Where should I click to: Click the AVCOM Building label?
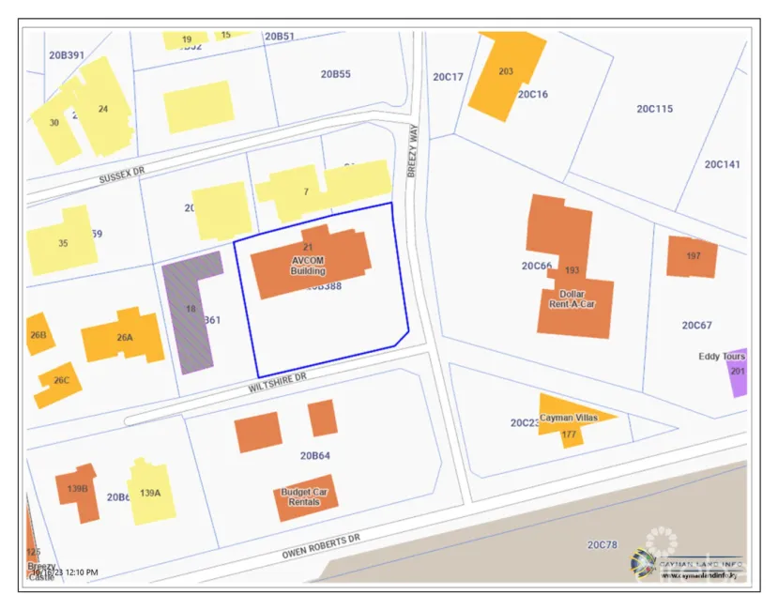coord(308,265)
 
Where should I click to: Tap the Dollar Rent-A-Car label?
coord(572,298)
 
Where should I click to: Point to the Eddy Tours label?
coord(722,357)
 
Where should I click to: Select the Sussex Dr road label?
coord(122,175)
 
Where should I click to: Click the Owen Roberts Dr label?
coord(321,547)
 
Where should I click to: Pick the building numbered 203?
coord(507,73)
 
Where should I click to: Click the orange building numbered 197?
coord(692,256)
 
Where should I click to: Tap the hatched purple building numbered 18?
coord(191,310)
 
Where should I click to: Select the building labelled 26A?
coord(124,336)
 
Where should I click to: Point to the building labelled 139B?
coord(77,490)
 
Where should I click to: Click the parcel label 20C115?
coord(654,109)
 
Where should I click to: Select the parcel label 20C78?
coord(602,544)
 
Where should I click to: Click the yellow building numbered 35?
coord(62,242)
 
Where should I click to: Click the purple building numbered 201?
coord(738,371)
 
